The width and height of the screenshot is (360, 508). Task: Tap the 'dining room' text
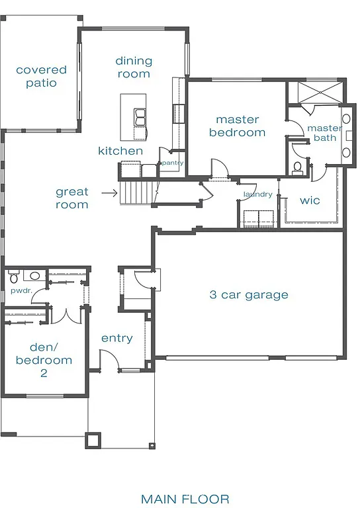click(x=134, y=67)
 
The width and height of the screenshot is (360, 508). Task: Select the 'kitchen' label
click(x=120, y=151)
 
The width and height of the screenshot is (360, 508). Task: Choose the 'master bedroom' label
click(x=237, y=126)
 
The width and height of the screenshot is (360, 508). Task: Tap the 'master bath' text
click(x=324, y=133)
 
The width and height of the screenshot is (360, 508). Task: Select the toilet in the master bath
click(x=297, y=166)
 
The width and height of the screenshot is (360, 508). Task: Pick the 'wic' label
click(x=310, y=200)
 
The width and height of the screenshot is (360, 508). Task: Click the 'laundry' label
click(x=257, y=194)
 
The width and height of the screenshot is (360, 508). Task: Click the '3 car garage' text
click(x=249, y=295)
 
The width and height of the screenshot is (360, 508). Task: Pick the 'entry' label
click(x=117, y=338)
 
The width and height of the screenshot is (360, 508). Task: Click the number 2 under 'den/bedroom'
click(x=44, y=373)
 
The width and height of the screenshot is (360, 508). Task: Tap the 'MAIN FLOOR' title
click(x=185, y=498)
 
